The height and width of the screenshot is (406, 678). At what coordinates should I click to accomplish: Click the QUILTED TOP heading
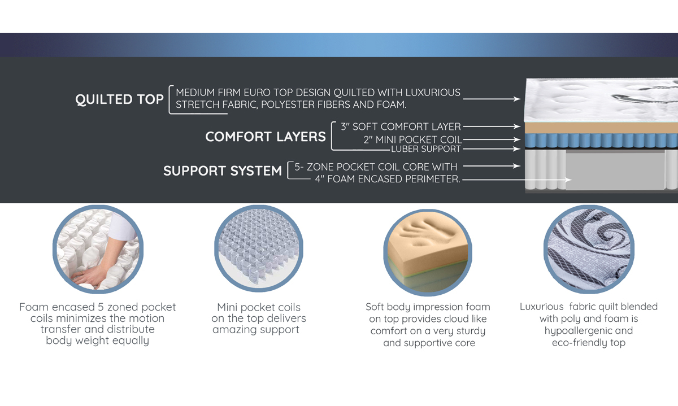click(x=119, y=99)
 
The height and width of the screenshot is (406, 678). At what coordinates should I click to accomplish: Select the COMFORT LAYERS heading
click(x=266, y=137)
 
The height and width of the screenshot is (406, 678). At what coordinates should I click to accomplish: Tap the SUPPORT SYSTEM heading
click(x=223, y=171)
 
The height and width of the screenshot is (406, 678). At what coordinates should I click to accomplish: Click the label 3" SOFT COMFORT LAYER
click(x=401, y=126)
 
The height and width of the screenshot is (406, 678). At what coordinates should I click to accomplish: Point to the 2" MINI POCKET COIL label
click(x=412, y=139)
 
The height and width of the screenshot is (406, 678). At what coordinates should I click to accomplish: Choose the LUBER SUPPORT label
click(x=425, y=149)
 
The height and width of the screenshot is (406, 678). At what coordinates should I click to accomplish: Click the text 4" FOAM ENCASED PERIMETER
click(x=388, y=179)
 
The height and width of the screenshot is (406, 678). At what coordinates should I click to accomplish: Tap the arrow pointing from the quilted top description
click(x=492, y=99)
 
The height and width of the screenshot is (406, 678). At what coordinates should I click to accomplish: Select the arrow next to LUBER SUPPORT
click(x=492, y=149)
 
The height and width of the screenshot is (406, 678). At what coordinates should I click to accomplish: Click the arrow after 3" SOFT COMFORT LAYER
click(x=492, y=126)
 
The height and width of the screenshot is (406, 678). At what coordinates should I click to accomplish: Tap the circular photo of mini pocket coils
click(x=259, y=248)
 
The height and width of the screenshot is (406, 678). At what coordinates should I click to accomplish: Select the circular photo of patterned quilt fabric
click(x=589, y=249)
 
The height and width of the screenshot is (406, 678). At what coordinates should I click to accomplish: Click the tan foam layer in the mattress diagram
click(x=601, y=128)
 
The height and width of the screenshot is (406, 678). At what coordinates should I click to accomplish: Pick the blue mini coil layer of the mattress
click(x=601, y=141)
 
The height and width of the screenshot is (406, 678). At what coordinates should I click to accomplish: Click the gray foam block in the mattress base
click(x=615, y=171)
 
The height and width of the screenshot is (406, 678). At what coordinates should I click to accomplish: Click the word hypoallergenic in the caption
click(x=588, y=331)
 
